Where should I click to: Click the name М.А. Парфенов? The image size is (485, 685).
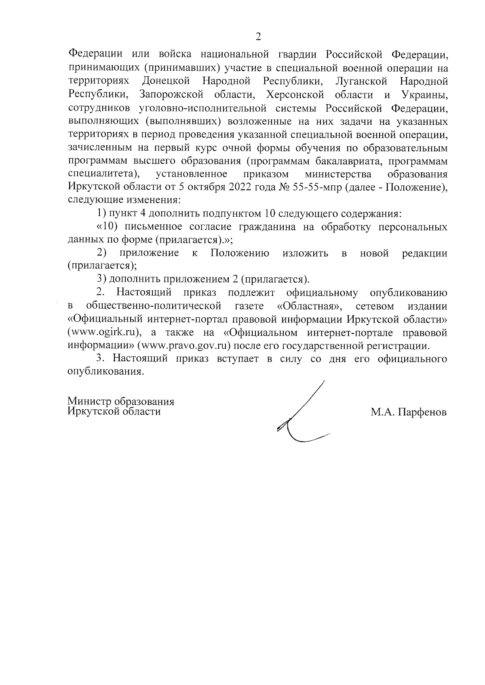click(x=409, y=412)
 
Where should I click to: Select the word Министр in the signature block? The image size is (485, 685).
click(x=89, y=402)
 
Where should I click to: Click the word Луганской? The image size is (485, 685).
click(x=361, y=81)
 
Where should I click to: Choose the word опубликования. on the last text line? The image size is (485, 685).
click(x=106, y=371)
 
